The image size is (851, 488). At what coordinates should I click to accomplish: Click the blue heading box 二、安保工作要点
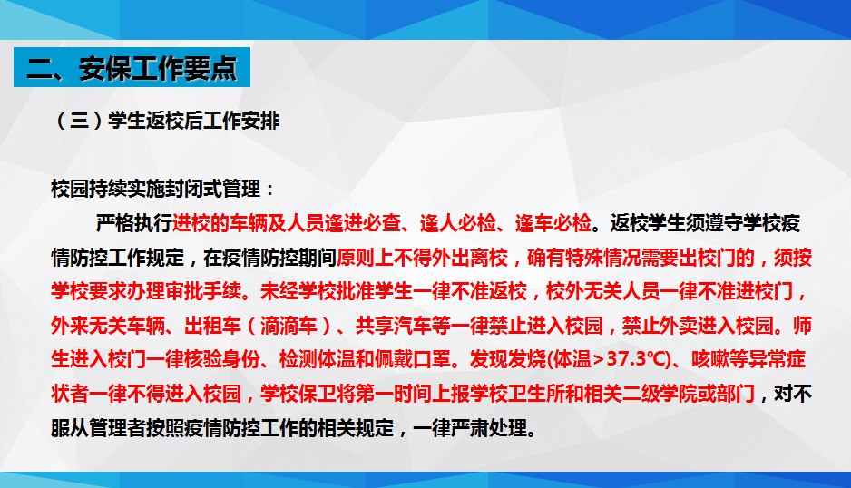[132, 67]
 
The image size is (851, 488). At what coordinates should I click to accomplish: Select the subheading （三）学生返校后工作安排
[166, 121]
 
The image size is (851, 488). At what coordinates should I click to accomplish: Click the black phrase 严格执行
[134, 223]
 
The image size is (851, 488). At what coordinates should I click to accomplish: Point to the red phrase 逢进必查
[363, 223]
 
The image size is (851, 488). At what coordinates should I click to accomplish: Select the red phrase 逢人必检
[458, 223]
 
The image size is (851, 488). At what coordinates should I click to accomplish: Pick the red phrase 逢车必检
[553, 223]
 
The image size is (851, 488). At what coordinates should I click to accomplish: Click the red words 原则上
[365, 258]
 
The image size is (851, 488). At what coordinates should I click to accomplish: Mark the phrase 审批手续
[203, 291]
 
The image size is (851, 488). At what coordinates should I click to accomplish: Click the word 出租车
[212, 326]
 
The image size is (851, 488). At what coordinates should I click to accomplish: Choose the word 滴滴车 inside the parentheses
[289, 326]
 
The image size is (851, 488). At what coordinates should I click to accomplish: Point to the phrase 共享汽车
[394, 326]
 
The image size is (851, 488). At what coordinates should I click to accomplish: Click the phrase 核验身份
[222, 359]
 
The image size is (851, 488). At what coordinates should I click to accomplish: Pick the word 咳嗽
[710, 359]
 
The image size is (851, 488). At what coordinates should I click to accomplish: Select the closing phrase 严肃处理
[489, 428]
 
